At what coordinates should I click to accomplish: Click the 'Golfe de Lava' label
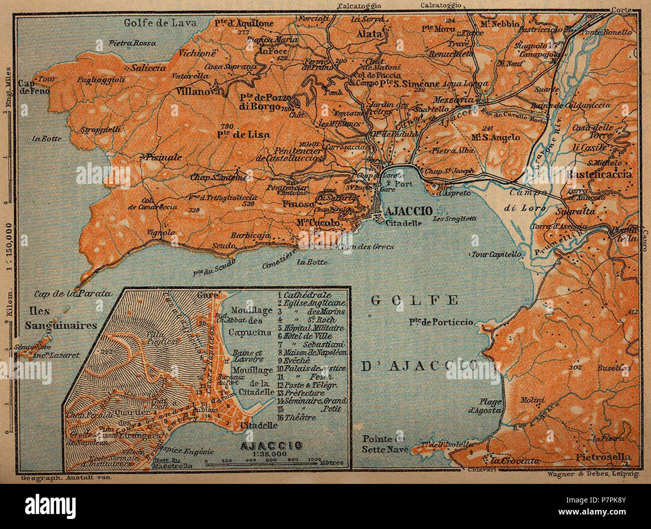pyautogui.click(x=160, y=23)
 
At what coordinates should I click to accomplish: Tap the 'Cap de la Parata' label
pyautogui.click(x=73, y=294)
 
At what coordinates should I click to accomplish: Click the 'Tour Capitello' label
pyautogui.click(x=495, y=254)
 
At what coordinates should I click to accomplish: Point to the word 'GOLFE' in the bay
pyautogui.click(x=415, y=300)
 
